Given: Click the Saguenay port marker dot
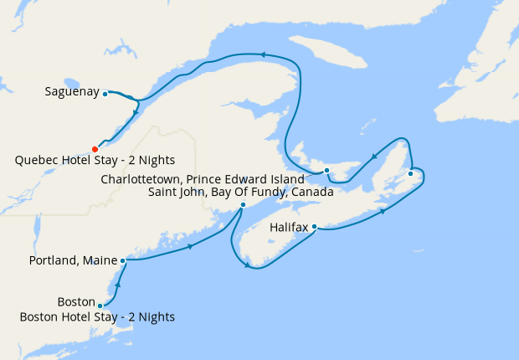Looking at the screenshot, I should pyautogui.click(x=105, y=94).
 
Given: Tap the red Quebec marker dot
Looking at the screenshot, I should pyautogui.click(x=95, y=149).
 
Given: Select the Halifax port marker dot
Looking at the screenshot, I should pyautogui.click(x=314, y=226).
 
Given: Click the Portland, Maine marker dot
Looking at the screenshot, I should pyautogui.click(x=123, y=260).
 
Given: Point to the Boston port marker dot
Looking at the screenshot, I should pyautogui.click(x=100, y=306).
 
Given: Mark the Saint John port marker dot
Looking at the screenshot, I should pyautogui.click(x=243, y=205).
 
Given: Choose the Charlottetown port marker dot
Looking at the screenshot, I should pyautogui.click(x=327, y=171).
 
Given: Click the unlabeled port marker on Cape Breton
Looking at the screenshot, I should pyautogui.click(x=410, y=174).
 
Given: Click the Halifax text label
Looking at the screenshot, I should pyautogui.click(x=289, y=227).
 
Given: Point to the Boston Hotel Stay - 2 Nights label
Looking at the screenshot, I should pyautogui.click(x=98, y=316).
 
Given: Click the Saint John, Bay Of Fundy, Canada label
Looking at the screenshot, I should pyautogui.click(x=241, y=192).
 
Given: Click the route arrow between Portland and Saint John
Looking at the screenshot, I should pyautogui.click(x=193, y=246).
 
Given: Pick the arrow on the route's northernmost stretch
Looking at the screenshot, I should pyautogui.click(x=262, y=54).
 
